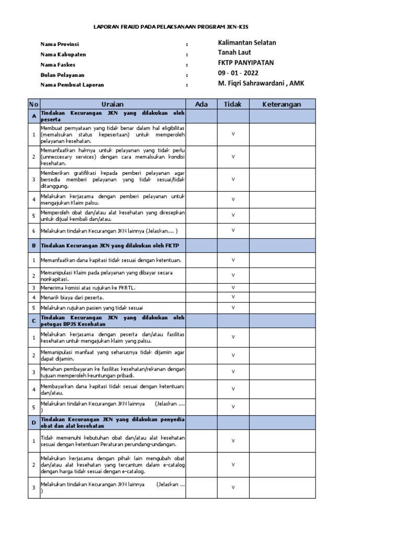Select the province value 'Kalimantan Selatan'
[247, 43]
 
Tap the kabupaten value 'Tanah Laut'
[234, 52]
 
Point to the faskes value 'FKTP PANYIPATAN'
[245, 63]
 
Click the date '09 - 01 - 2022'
[238, 73]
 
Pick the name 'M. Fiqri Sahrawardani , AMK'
[261, 83]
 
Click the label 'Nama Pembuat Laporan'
[72, 84]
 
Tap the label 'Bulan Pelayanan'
[63, 75]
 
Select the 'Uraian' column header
[113, 104]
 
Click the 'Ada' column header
[202, 104]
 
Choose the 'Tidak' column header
[233, 104]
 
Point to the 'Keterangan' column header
[282, 104]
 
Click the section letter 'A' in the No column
[34, 116]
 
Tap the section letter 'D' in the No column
[34, 422]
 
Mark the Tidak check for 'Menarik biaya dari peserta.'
[233, 297]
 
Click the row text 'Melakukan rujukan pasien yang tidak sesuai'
[92, 307]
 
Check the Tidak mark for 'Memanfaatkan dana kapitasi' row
[233, 260]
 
